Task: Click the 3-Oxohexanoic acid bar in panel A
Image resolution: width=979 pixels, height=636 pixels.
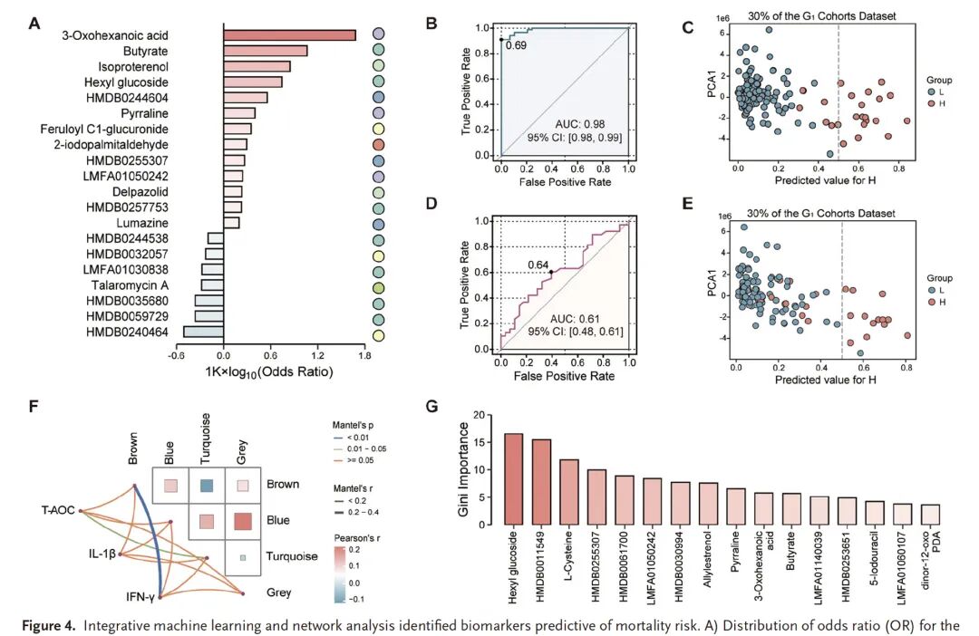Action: pyautogui.click(x=289, y=35)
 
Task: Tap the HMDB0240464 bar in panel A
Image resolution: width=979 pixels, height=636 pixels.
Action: pyautogui.click(x=204, y=332)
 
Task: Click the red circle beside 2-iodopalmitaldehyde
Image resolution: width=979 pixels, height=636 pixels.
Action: pyautogui.click(x=379, y=144)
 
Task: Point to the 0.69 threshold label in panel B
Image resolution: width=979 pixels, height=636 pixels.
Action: pyautogui.click(x=516, y=44)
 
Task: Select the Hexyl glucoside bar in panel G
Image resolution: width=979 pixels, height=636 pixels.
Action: pyautogui.click(x=514, y=478)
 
